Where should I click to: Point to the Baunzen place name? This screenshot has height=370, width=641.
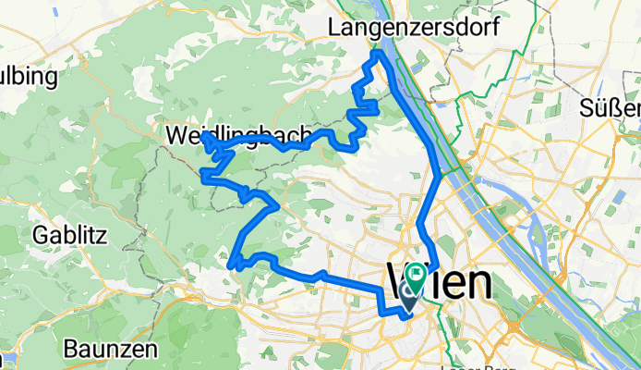point(111,350)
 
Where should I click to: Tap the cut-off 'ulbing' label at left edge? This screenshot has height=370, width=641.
point(28,74)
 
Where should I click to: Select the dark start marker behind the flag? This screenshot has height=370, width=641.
point(408,295)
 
